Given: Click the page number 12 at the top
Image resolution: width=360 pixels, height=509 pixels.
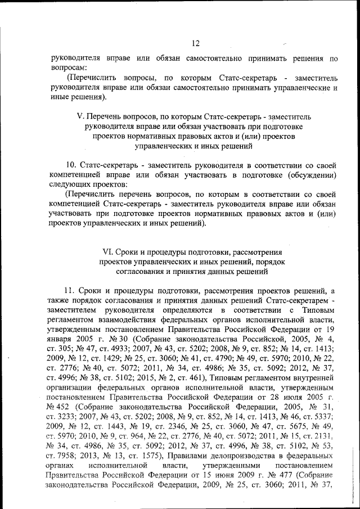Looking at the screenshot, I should (195, 43).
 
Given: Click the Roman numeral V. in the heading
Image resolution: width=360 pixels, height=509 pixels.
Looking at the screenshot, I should (79, 115).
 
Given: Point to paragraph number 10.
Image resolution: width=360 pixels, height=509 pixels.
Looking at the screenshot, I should (71, 166).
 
